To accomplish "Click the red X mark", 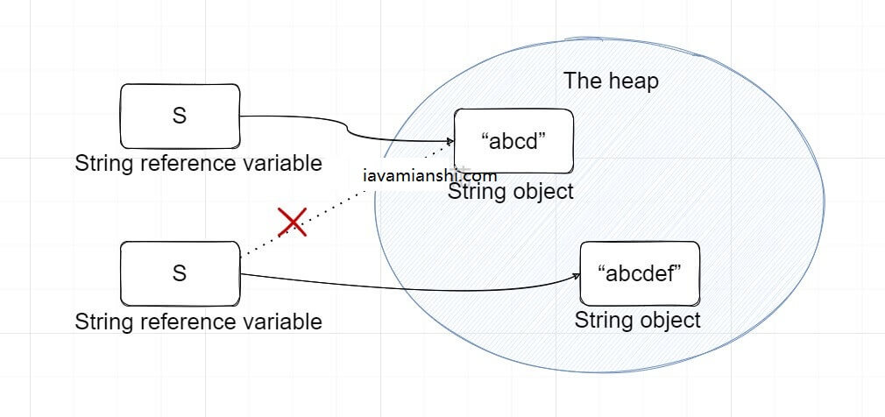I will pyautogui.click(x=292, y=223).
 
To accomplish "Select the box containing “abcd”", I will pyautogui.click(x=513, y=140).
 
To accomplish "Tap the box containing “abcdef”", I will pyautogui.click(x=640, y=272).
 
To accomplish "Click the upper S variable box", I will pyautogui.click(x=180, y=116).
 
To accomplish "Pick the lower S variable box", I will pyautogui.click(x=180, y=273).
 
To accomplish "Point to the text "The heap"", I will pyautogui.click(x=611, y=81).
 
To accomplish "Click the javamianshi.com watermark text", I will pyautogui.click(x=429, y=174).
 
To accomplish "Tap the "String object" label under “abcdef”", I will pyautogui.click(x=637, y=320).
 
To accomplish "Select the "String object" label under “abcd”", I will pyautogui.click(x=511, y=191).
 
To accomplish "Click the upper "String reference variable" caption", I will pyautogui.click(x=199, y=164).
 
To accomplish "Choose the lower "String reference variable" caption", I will pyautogui.click(x=199, y=322).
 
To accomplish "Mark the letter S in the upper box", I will pyautogui.click(x=180, y=116).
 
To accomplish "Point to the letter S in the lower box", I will pyautogui.click(x=180, y=273).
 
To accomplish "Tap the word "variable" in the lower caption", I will pyautogui.click(x=286, y=322).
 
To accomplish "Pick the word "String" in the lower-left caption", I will pyautogui.click(x=103, y=322).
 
